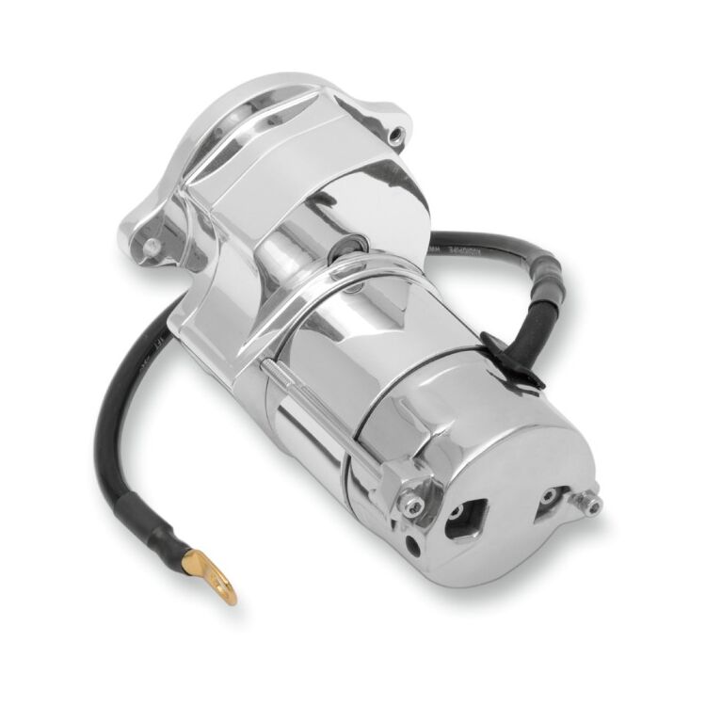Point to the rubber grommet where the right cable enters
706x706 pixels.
[498, 349]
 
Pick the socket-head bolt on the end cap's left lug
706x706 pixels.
[407, 505]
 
